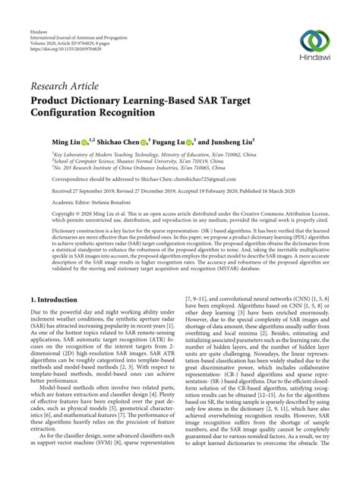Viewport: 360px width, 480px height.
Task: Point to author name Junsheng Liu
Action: click(x=228, y=141)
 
